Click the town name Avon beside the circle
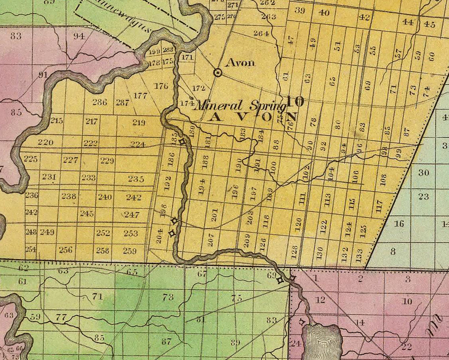(240, 62)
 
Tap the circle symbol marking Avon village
(218, 73)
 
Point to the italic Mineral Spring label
(240, 106)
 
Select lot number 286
(99, 102)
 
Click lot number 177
(140, 96)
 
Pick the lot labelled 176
(161, 86)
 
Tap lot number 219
(138, 122)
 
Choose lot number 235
(136, 179)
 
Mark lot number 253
(131, 233)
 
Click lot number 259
(129, 251)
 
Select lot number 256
(66, 250)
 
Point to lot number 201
(215, 215)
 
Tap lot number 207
(211, 240)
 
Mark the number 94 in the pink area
(79, 36)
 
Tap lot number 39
(300, 10)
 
